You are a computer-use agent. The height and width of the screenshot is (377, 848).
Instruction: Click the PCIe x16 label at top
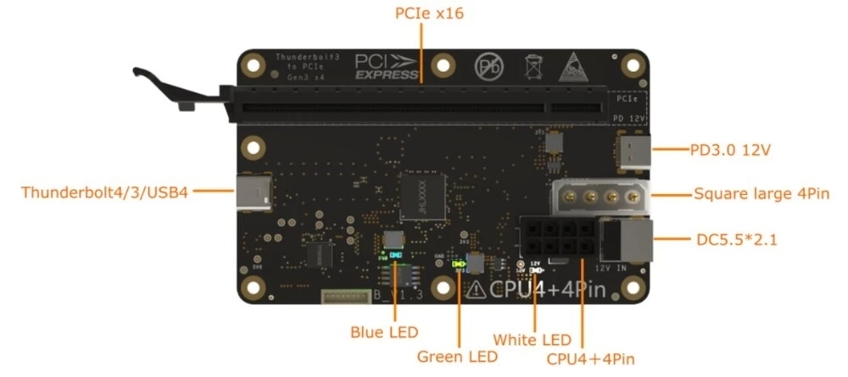point(430,14)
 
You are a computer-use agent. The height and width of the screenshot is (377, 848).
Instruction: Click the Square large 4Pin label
point(760,194)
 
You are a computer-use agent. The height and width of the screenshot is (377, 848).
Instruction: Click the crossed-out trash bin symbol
point(534,66)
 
